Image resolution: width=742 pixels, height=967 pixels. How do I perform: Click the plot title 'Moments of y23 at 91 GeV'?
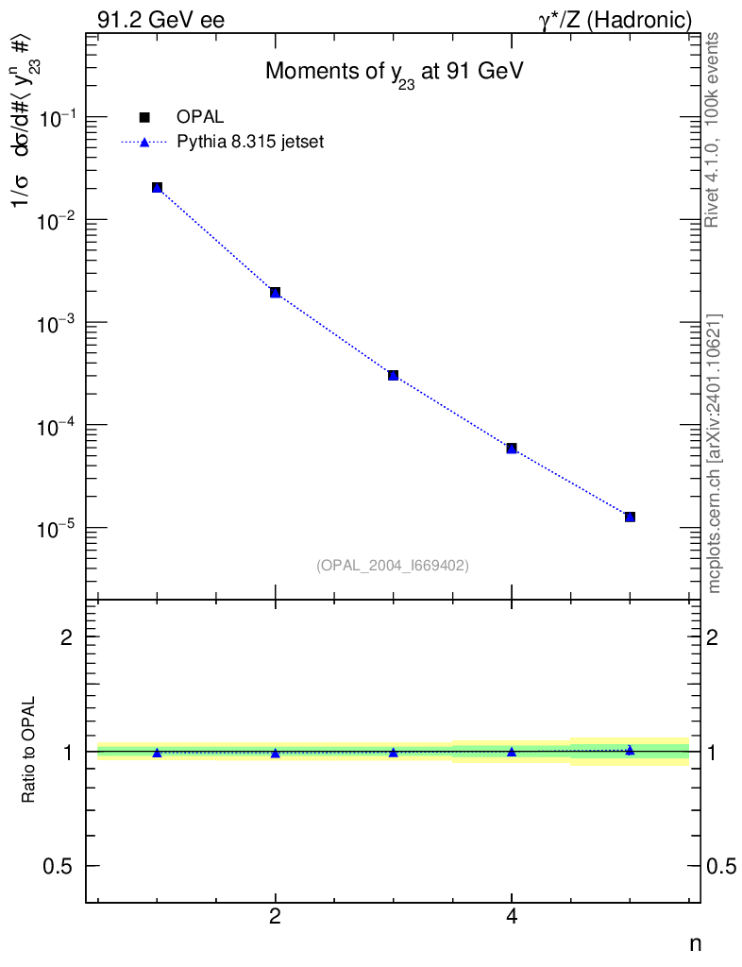tap(394, 73)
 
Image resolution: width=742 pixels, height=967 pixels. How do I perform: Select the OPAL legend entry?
tap(200, 117)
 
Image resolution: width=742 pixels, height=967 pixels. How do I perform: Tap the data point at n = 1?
tap(157, 188)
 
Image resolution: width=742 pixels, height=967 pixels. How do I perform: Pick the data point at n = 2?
tap(275, 293)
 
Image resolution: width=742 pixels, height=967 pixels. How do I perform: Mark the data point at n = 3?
tap(393, 375)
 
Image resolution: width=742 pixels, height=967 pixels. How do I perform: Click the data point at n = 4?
tap(512, 448)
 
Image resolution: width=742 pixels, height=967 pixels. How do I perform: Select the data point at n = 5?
tap(630, 517)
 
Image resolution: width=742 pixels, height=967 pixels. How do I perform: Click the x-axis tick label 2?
tap(275, 918)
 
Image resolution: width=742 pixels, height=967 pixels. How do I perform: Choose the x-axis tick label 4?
tap(512, 918)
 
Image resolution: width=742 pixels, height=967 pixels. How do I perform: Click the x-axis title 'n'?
tap(694, 943)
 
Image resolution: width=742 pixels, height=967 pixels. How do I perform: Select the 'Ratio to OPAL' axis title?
tap(30, 750)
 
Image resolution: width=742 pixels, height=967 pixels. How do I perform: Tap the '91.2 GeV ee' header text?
tap(160, 20)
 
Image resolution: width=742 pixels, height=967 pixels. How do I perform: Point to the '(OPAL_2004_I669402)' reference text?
tap(393, 565)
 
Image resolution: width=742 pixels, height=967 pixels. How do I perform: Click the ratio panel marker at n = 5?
tap(630, 750)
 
